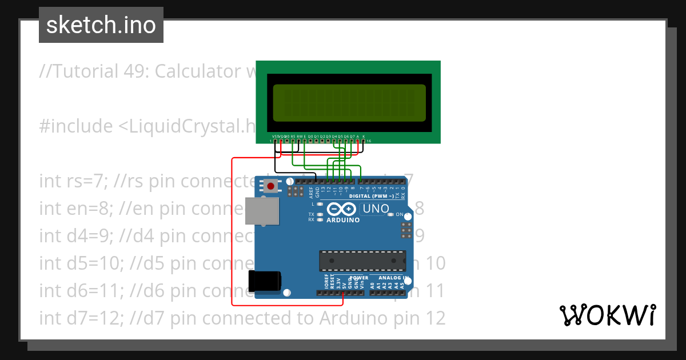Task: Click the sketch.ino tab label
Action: [x=101, y=25]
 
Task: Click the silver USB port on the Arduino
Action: [x=262, y=210]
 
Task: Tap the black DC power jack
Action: [x=265, y=281]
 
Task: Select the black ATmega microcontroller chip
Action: [x=362, y=261]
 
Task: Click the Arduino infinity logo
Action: [x=343, y=210]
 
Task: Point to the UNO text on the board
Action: [x=376, y=209]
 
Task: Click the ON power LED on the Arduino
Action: [x=392, y=215]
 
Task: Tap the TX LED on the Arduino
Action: [x=320, y=214]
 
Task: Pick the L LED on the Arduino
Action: [x=320, y=204]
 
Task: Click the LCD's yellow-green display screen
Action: [x=349, y=103]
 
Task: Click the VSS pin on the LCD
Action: [x=275, y=140]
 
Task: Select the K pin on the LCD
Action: [x=364, y=140]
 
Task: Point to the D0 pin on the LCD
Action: [x=310, y=140]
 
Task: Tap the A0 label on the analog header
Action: [x=372, y=285]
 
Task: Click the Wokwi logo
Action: [x=607, y=315]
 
